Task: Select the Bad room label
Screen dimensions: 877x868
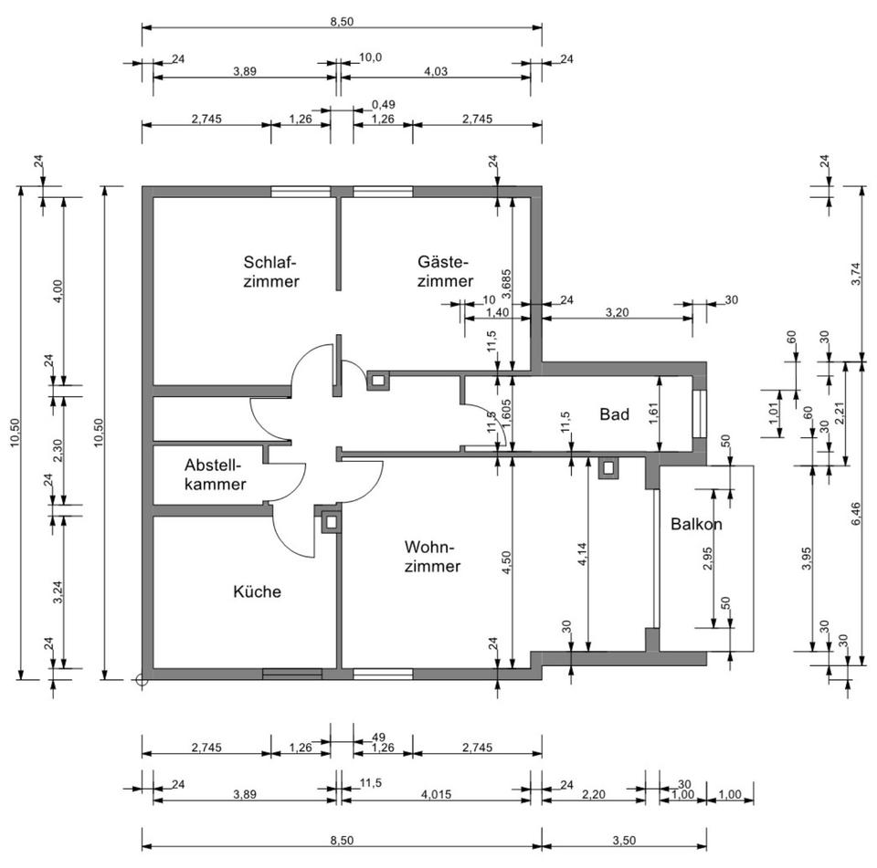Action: tap(615, 414)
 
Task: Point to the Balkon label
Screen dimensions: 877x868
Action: tap(696, 525)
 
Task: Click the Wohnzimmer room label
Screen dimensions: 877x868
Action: tap(432, 556)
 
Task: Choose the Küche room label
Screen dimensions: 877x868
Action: tap(257, 591)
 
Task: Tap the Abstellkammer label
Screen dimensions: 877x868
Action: tap(215, 474)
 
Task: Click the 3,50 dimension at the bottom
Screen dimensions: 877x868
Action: tap(624, 815)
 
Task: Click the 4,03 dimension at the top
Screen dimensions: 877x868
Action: tap(436, 69)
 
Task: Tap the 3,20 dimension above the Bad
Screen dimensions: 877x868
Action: tap(618, 311)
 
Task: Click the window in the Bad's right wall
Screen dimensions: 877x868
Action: tap(700, 413)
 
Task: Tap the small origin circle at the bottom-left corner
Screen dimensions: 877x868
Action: tap(140, 679)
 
